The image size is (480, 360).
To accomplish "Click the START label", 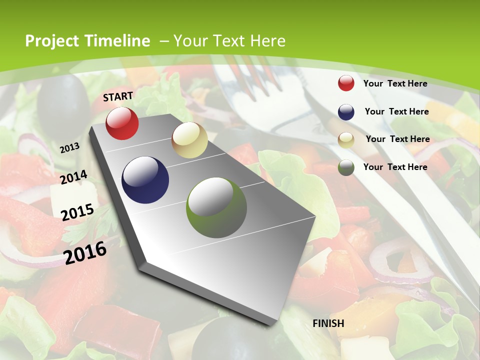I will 118,96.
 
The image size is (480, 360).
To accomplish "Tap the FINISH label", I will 328,323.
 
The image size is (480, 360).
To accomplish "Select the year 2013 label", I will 69,147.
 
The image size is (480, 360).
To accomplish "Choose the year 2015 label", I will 77,212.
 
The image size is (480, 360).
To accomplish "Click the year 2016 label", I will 85,252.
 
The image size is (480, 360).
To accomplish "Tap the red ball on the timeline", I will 122,123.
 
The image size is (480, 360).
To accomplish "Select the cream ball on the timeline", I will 189,140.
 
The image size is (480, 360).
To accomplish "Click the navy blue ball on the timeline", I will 145,180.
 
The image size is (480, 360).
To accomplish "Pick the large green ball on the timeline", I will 216,207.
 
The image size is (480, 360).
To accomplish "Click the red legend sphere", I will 346,83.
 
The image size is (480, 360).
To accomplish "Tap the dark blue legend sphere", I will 346,112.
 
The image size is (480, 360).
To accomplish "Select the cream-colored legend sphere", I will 346,140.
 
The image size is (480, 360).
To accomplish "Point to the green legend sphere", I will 346,167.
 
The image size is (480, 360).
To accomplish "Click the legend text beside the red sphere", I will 395,83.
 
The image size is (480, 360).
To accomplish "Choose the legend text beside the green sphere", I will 395,167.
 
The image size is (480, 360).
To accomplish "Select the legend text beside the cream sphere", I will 397,139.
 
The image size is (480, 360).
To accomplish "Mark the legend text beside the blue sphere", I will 396,111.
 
